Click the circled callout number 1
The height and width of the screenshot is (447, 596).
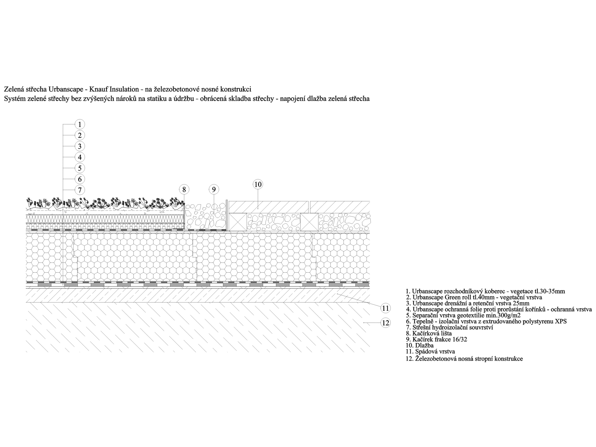click(80, 124)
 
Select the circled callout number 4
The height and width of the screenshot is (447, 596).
click(80, 157)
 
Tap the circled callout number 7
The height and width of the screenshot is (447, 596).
click(80, 190)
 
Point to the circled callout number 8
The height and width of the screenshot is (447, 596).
click(184, 189)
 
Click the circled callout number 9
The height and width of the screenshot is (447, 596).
click(214, 189)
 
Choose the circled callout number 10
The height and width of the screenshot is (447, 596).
click(258, 184)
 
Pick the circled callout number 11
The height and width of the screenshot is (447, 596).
click(386, 308)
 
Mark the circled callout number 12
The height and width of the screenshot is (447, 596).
click(386, 323)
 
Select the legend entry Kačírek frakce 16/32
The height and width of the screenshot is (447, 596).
click(436, 339)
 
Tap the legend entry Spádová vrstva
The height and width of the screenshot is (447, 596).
click(430, 352)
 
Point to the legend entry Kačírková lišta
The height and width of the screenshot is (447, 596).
click(429, 333)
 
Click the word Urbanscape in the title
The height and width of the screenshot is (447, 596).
click(66, 89)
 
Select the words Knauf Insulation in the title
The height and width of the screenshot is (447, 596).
click(114, 89)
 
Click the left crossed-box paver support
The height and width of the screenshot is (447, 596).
click(238, 222)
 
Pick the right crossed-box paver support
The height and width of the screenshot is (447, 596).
click(309, 222)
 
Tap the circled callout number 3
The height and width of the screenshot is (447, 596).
click(80, 146)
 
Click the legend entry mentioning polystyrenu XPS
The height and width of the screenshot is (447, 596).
click(486, 321)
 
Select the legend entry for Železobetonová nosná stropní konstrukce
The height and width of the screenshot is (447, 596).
click(464, 358)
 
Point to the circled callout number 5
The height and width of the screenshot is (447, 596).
click(80, 168)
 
